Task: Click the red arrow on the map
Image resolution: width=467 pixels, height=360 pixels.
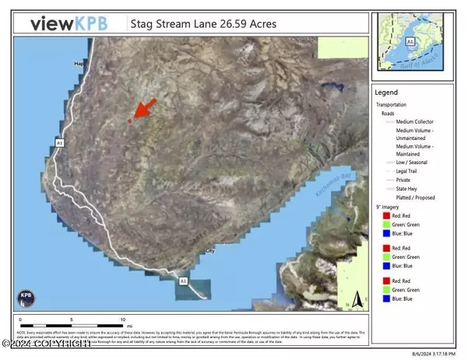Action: point(142,109)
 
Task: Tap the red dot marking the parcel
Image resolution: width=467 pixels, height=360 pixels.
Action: point(130,121)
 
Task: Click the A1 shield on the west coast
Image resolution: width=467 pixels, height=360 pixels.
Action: point(59,142)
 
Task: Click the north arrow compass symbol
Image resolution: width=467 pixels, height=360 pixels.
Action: point(354,298)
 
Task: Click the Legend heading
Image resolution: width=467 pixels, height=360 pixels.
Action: point(387,92)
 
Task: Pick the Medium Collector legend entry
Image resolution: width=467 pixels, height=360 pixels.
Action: point(414,121)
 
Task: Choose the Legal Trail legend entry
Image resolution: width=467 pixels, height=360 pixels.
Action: point(411,170)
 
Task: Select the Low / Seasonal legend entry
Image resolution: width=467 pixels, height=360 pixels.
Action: point(415,161)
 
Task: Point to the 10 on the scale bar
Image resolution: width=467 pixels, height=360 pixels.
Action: point(122,320)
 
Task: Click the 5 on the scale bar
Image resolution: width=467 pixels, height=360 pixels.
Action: point(70,320)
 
